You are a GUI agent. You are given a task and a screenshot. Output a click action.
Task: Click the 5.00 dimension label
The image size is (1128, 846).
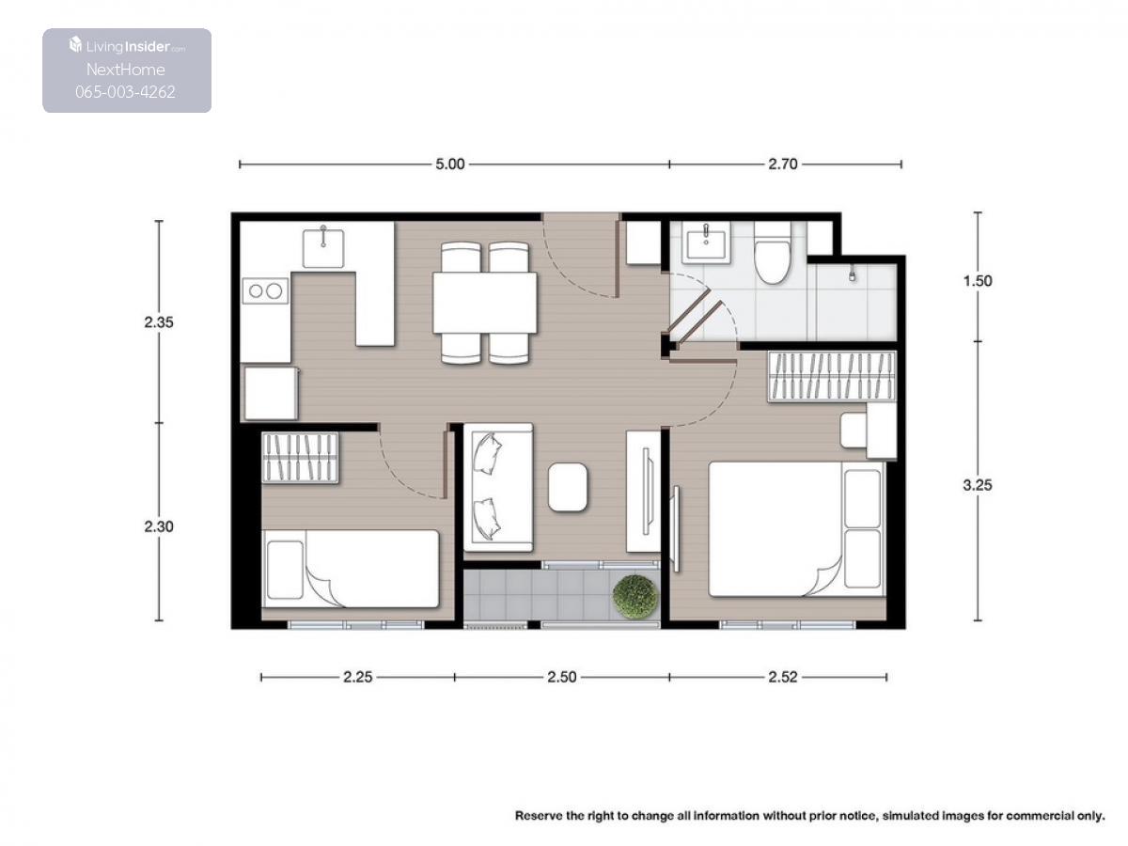click(449, 164)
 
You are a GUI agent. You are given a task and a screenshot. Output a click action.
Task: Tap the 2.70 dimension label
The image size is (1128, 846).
click(782, 164)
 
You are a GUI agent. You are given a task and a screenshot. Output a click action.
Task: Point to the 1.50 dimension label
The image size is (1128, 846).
click(977, 280)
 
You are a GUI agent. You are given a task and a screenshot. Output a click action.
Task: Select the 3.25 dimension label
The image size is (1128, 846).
click(977, 484)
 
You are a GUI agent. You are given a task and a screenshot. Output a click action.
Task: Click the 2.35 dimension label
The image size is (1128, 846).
click(158, 322)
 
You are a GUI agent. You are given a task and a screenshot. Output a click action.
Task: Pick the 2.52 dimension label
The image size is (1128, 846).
click(782, 677)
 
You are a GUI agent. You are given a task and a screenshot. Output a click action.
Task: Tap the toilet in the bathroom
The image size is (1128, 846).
click(772, 253)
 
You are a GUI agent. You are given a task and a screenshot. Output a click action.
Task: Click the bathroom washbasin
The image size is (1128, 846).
click(706, 243)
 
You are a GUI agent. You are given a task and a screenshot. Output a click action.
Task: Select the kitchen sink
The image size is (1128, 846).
click(323, 248)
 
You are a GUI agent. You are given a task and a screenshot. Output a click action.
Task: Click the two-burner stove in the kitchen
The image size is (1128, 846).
click(265, 290)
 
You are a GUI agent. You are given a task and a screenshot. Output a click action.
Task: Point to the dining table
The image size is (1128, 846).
click(485, 303)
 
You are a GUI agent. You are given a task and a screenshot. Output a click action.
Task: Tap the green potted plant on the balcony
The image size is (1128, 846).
click(635, 596)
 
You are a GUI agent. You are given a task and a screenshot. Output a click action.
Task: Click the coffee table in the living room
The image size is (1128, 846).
click(568, 486)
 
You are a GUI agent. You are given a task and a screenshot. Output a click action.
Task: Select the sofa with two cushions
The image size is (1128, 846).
click(498, 487)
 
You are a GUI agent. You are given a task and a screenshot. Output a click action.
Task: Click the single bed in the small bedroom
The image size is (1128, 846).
click(351, 569)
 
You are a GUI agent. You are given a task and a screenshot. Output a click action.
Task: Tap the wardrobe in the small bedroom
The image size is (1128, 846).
click(300, 457)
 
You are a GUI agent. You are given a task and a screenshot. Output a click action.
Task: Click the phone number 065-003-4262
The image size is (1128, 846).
click(125, 92)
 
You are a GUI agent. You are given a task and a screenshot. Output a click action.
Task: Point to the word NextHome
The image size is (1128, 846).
click(125, 70)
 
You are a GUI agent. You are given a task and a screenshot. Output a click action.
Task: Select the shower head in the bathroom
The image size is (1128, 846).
click(852, 274)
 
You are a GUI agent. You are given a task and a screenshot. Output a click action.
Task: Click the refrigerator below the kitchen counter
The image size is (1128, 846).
click(271, 393)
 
